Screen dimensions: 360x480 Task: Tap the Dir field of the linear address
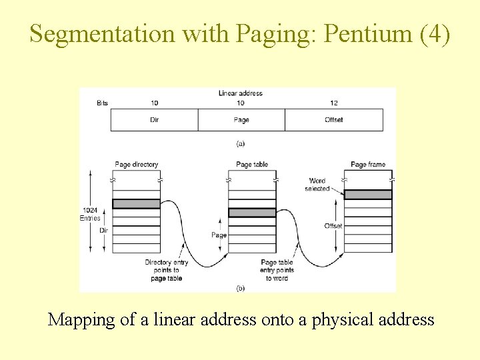tap(154, 120)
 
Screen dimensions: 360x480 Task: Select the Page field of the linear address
tap(241, 120)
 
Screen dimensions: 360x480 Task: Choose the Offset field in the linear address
tap(334, 120)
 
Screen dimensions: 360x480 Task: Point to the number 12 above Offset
tap(334, 103)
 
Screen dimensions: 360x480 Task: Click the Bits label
tap(102, 103)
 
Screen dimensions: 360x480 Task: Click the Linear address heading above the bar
tap(241, 93)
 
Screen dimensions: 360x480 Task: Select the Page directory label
tap(137, 165)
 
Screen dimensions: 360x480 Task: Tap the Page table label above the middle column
tap(252, 165)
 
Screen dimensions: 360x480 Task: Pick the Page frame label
tap(368, 165)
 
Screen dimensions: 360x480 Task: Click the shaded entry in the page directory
tap(136, 204)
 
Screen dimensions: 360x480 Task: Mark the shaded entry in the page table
tap(252, 213)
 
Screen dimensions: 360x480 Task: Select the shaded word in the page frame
tap(368, 195)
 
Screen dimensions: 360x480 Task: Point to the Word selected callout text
tap(317, 185)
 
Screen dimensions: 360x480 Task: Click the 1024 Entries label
tap(90, 214)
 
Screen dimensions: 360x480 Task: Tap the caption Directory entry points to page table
tap(166, 270)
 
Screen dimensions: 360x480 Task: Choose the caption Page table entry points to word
tap(277, 270)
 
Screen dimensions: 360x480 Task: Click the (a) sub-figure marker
tap(241, 143)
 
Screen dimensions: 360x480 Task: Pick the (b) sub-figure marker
tap(241, 288)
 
